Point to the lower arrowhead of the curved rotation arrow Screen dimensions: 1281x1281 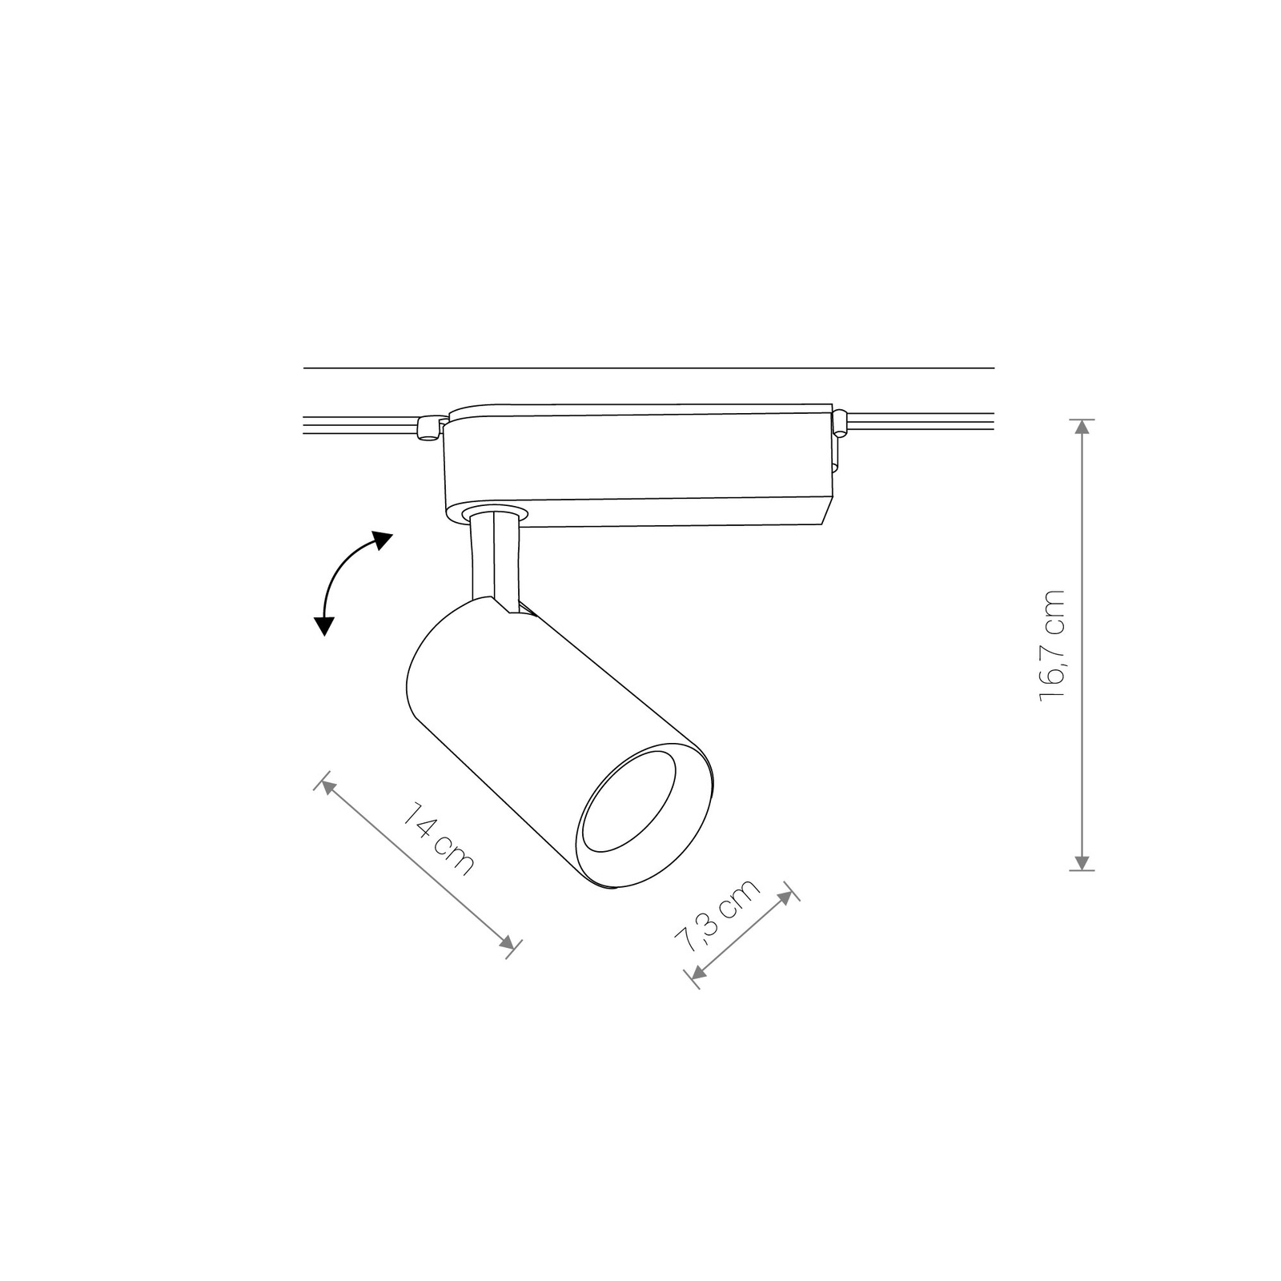pyautogui.click(x=323, y=624)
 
